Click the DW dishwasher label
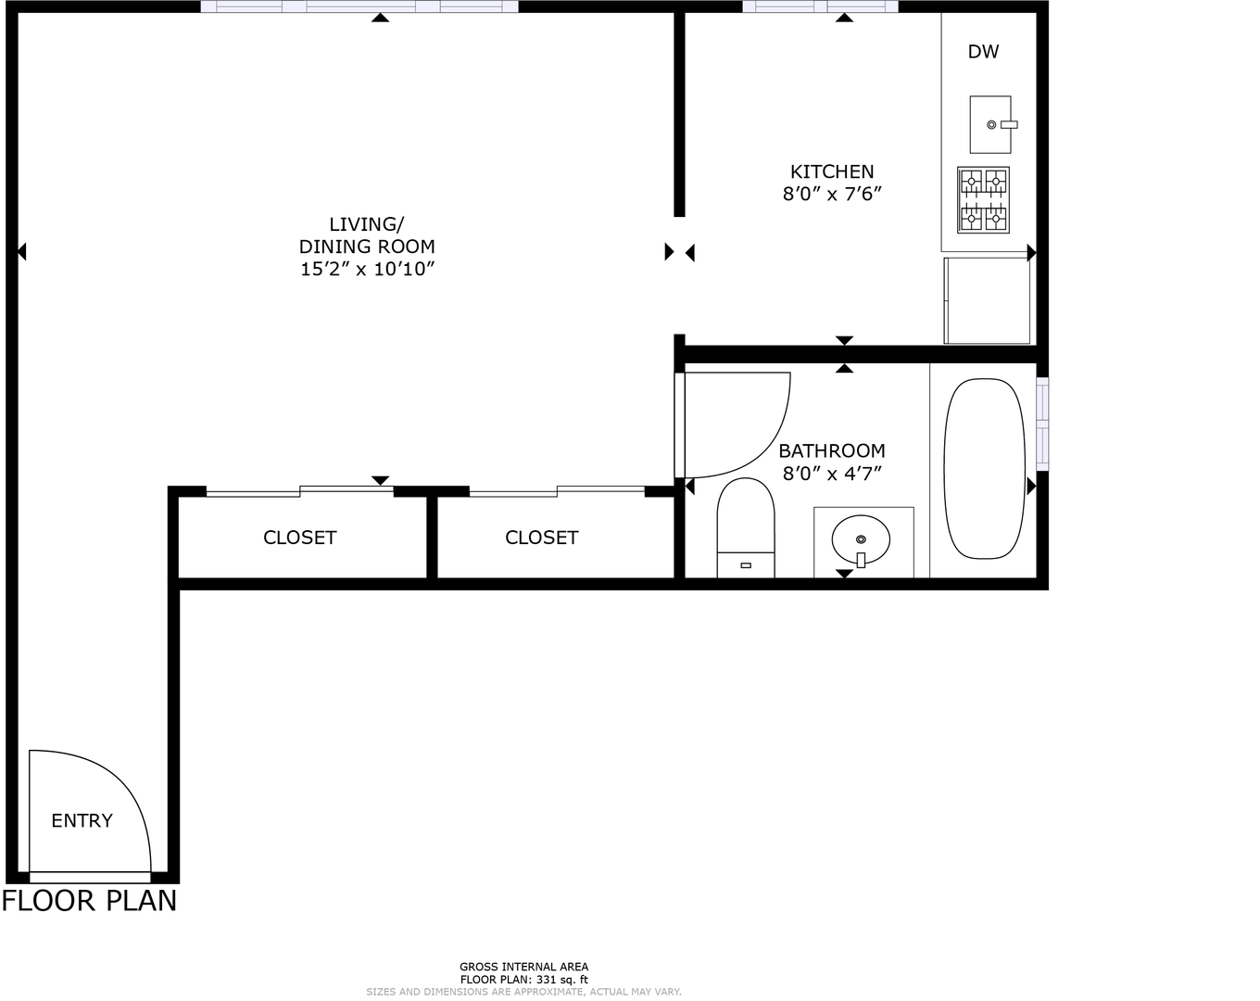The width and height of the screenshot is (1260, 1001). point(983,52)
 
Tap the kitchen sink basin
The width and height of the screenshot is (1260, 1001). point(990,124)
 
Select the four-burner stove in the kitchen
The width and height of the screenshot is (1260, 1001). point(983,199)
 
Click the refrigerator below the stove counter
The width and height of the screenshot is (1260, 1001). point(987,300)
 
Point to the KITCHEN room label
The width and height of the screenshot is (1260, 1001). point(832,171)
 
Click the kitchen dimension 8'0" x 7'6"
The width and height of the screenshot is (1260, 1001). point(832,194)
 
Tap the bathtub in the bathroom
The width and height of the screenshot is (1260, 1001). point(984,469)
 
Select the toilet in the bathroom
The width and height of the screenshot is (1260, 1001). point(746,527)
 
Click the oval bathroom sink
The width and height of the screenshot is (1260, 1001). point(861,540)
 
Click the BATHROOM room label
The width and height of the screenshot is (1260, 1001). point(832,451)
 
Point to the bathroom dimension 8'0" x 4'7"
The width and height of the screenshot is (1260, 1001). point(832,474)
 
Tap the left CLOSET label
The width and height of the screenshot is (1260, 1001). point(300,538)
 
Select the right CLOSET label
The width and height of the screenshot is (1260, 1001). point(542,538)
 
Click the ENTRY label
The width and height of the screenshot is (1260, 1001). point(82,820)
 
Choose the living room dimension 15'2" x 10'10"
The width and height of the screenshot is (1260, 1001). point(367,269)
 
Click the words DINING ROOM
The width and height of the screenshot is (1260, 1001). point(367,247)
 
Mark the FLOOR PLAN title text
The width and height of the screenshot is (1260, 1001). point(89,901)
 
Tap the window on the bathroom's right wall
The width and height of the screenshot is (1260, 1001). point(1042,424)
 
